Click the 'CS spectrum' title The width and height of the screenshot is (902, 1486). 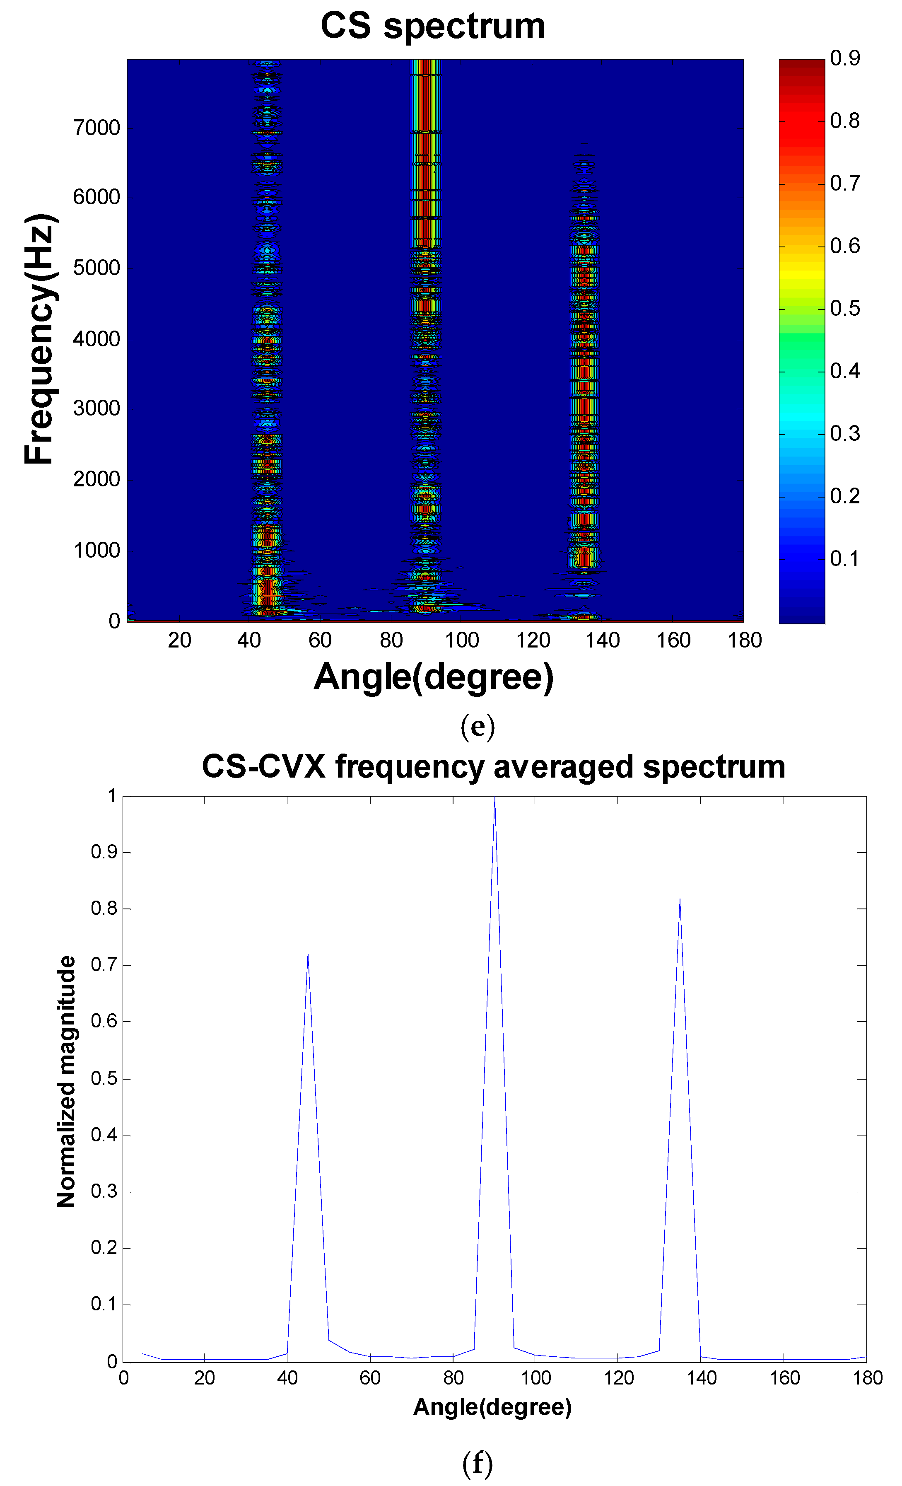point(432,27)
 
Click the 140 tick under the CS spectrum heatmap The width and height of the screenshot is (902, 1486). point(602,640)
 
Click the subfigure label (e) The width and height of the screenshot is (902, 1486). point(478,727)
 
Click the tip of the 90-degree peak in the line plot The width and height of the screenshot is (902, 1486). point(495,797)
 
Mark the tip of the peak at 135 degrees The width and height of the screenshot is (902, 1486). point(680,899)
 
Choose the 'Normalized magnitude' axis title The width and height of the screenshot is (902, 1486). point(66,1081)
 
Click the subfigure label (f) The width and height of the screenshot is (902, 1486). point(478,1463)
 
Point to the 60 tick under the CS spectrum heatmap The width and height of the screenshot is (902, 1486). point(320,640)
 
